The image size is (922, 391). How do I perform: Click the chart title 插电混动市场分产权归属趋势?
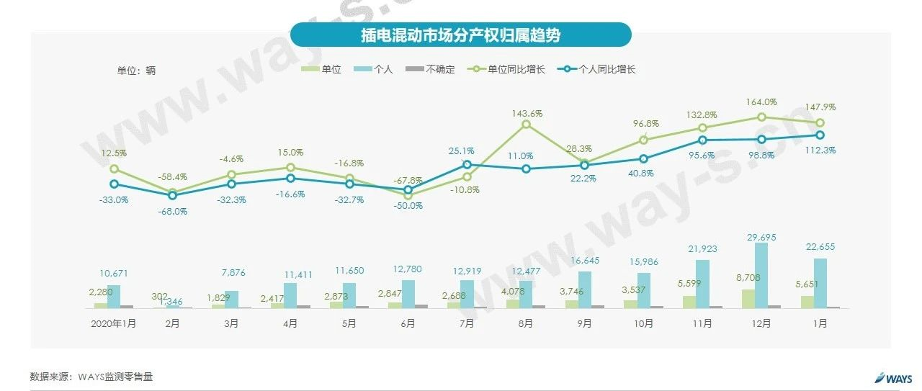460,35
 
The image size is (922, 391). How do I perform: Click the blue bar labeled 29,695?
761,276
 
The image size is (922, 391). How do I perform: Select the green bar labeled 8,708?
748,299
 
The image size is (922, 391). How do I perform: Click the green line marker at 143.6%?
526,125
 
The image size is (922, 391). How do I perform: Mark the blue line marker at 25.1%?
467,165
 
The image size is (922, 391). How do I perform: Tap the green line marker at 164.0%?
761,117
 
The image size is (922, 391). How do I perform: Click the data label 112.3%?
820,150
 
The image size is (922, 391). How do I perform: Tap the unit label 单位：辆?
136,71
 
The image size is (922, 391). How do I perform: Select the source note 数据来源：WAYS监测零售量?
91,377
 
